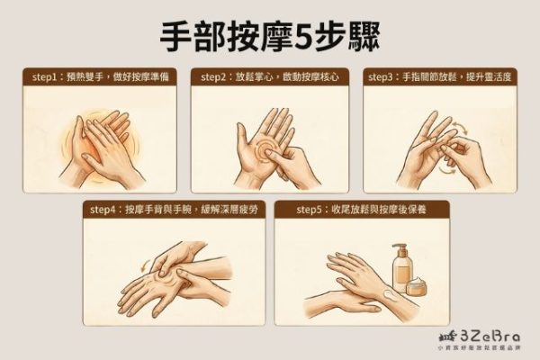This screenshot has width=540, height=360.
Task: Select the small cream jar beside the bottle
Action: (x=418, y=287)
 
